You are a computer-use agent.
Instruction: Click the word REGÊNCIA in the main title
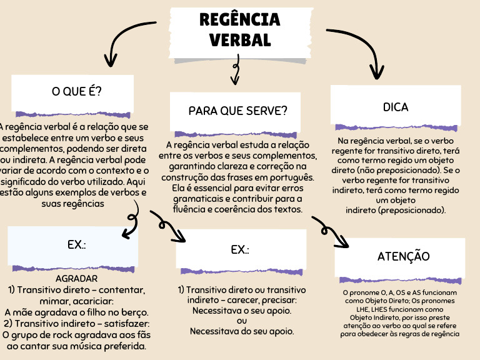pos(240,19)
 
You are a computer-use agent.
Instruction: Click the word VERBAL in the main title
pos(240,40)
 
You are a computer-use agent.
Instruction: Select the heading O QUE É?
pos(77,91)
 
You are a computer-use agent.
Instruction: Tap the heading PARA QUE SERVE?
pos(238,111)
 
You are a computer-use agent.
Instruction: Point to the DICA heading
pos(396,107)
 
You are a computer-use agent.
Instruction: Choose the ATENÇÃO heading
pos(404,256)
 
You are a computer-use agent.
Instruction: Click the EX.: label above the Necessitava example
pos(240,249)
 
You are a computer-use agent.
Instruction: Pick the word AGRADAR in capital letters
pos(77,278)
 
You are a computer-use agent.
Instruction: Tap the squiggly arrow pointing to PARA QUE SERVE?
pos(236,70)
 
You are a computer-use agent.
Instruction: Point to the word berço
pos(134,312)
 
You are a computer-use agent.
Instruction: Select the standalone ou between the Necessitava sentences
pos(242,321)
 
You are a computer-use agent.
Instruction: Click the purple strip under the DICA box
pos(396,127)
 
